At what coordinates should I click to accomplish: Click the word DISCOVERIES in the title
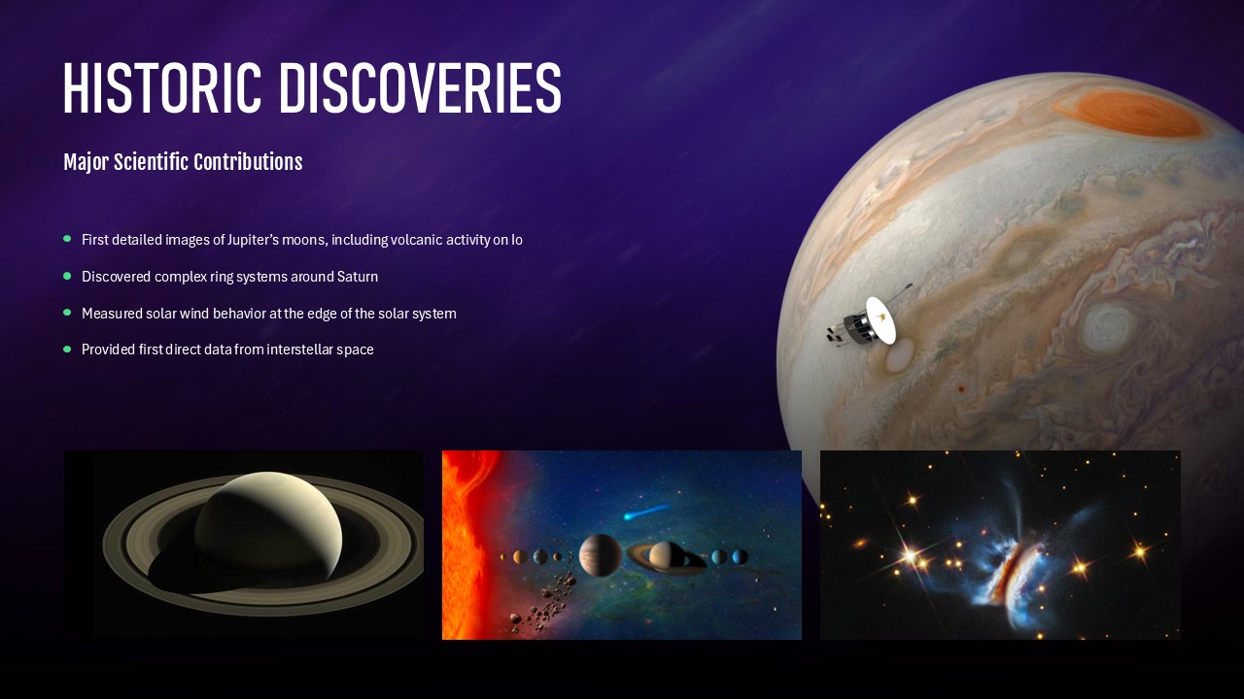click(420, 89)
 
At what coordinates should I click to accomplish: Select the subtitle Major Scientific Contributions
click(183, 162)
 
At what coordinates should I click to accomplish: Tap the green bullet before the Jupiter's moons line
click(67, 239)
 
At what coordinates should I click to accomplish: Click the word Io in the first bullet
click(517, 240)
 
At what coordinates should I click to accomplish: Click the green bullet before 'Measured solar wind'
click(67, 313)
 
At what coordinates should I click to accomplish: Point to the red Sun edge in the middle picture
click(462, 544)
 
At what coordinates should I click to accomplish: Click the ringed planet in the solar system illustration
click(667, 555)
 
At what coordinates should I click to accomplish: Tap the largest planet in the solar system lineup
click(600, 555)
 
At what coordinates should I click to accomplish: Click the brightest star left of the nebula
click(912, 554)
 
